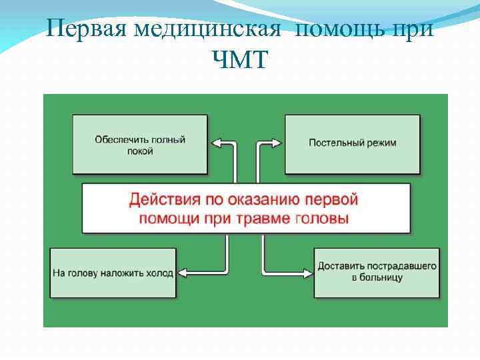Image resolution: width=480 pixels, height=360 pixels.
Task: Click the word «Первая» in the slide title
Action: pyautogui.click(x=88, y=30)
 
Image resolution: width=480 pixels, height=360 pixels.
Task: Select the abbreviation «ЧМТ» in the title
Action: pyautogui.click(x=239, y=61)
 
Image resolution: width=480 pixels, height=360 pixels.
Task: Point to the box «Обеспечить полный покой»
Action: pyautogui.click(x=139, y=145)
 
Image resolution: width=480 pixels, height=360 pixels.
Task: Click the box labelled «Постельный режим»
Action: pyautogui.click(x=353, y=143)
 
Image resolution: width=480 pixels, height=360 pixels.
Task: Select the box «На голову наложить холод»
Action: pyautogui.click(x=113, y=273)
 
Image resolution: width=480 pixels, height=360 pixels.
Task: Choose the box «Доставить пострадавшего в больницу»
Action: pyautogui.click(x=377, y=272)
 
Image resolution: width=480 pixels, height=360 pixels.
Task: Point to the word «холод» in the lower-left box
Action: pyautogui.click(x=160, y=273)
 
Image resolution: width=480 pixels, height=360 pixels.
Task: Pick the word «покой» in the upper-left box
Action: pyautogui.click(x=140, y=151)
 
